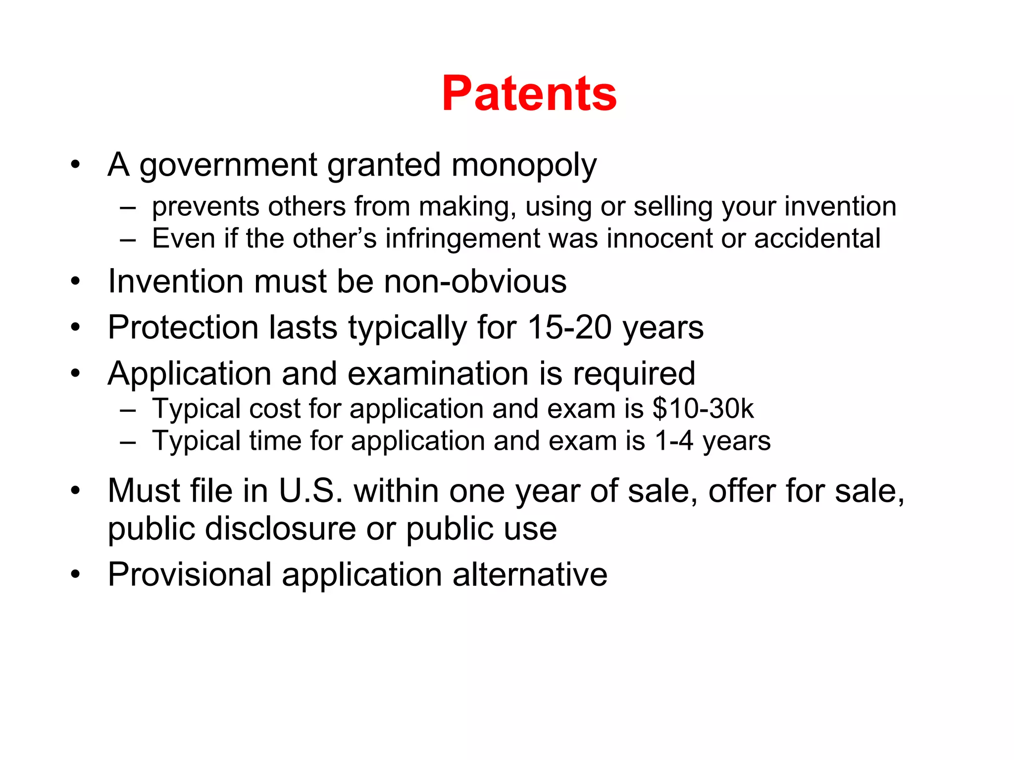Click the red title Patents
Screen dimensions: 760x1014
coord(529,94)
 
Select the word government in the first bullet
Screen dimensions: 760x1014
coord(228,166)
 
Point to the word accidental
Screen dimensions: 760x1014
coord(817,238)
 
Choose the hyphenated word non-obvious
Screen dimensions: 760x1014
coord(475,282)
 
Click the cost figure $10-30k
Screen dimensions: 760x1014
coord(703,409)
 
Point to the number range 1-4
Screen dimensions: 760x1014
coord(673,441)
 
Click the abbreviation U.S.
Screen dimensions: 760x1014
coord(310,491)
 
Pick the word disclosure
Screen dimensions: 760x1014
coord(280,528)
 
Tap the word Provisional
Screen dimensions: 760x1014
coord(190,575)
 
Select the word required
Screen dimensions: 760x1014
coord(634,374)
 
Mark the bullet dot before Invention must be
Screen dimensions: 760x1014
coord(75,282)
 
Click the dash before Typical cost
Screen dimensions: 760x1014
coord(128,410)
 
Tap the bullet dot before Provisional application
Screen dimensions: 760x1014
coord(75,575)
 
